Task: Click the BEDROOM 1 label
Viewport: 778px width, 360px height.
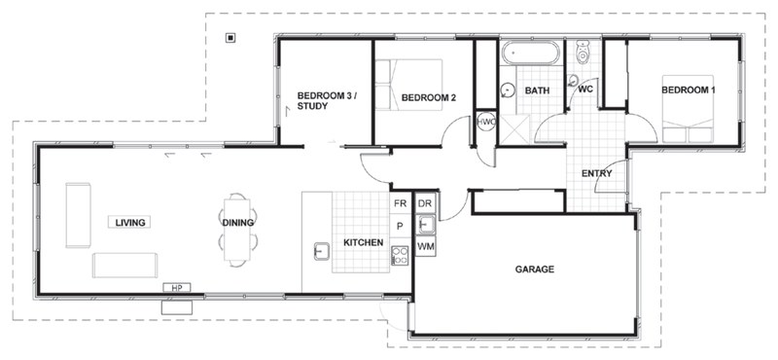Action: [688, 90]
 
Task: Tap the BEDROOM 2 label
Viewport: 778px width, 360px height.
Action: [429, 97]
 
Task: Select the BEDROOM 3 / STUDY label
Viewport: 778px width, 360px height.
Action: [327, 100]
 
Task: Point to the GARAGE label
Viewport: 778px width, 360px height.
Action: [534, 269]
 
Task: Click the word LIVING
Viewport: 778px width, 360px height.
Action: [129, 223]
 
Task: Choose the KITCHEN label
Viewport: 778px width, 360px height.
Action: [365, 242]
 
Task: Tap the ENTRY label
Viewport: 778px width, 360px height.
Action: [597, 174]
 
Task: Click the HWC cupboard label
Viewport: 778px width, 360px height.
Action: [485, 123]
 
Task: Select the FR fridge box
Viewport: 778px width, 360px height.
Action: [400, 204]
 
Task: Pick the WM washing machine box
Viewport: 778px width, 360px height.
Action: [425, 248]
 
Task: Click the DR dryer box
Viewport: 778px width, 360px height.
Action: [425, 204]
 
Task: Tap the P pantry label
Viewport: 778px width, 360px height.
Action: [400, 227]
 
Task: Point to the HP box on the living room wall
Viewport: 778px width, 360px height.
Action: [177, 288]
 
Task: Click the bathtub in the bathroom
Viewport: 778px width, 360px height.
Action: [530, 53]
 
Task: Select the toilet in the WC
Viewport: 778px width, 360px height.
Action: [583, 50]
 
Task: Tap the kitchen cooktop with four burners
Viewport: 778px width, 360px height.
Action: [400, 255]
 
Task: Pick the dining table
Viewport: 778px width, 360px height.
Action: [238, 230]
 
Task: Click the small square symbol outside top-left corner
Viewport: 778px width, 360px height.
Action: [230, 39]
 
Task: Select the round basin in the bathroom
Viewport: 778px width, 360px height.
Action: [508, 90]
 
